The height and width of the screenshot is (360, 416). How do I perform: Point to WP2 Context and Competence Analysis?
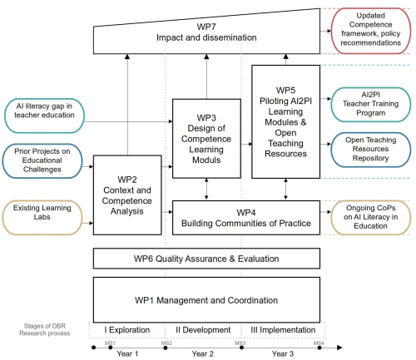point(126,195)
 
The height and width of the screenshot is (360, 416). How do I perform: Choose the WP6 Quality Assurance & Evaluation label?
point(206,259)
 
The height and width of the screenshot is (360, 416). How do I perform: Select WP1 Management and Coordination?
point(206,299)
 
